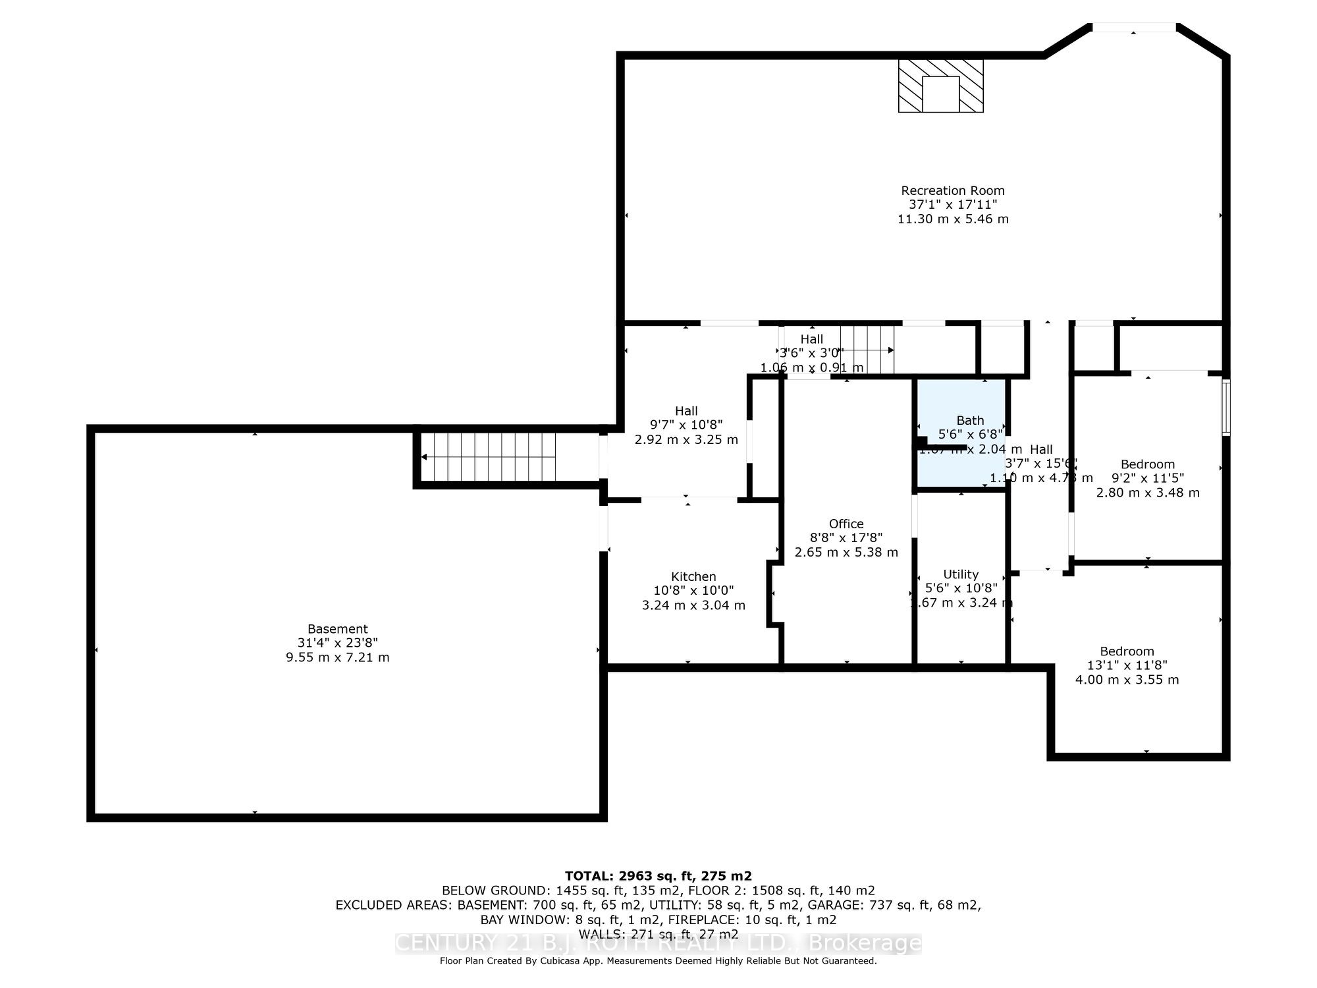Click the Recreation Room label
click(x=953, y=191)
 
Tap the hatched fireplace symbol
click(x=940, y=86)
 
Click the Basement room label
click(x=337, y=629)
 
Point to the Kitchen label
click(x=693, y=576)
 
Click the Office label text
click(x=846, y=524)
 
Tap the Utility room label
click(x=961, y=574)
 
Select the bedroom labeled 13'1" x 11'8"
click(x=1127, y=665)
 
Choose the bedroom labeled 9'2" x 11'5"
click(x=1148, y=478)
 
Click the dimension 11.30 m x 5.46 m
click(x=953, y=219)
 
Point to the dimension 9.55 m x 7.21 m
click(x=337, y=657)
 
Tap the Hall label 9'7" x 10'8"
click(x=686, y=425)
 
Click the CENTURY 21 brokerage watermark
click(x=658, y=943)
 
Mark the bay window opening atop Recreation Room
click(x=1133, y=28)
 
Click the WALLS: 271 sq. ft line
click(x=658, y=934)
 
